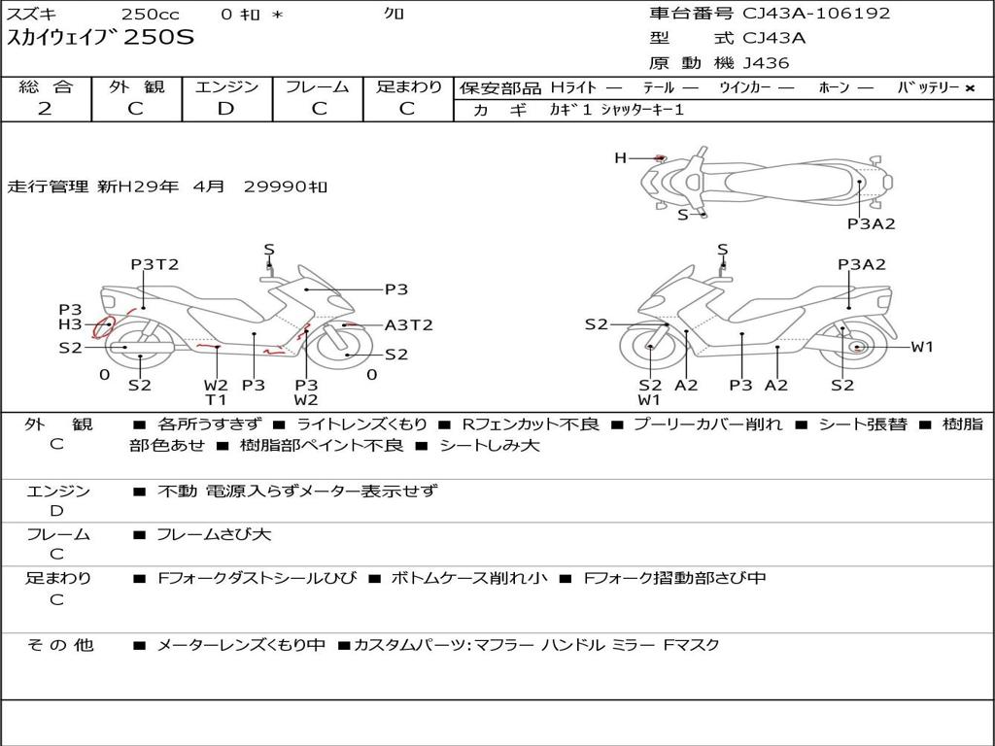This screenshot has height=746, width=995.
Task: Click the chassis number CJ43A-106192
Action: (x=816, y=14)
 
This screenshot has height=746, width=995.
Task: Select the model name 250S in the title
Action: (x=158, y=37)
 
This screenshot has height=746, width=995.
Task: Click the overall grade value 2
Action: (x=45, y=109)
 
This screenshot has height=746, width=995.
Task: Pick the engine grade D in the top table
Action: (x=225, y=109)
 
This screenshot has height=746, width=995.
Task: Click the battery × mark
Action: (x=970, y=88)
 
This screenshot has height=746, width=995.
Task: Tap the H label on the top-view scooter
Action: (x=620, y=158)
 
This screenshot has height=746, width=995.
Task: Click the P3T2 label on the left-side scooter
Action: (x=154, y=264)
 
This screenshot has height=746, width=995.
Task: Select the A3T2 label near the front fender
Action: (x=409, y=325)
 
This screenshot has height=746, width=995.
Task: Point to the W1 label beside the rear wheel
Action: (x=922, y=347)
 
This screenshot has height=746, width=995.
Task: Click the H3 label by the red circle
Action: (x=70, y=324)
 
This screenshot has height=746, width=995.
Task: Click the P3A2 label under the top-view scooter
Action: (x=872, y=224)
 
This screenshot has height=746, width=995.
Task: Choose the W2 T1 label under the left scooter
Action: (x=216, y=392)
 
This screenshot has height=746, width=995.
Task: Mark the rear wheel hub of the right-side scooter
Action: (x=857, y=347)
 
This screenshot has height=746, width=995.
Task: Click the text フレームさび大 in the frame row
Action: (x=214, y=535)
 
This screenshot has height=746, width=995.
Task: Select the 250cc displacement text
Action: (x=151, y=14)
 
